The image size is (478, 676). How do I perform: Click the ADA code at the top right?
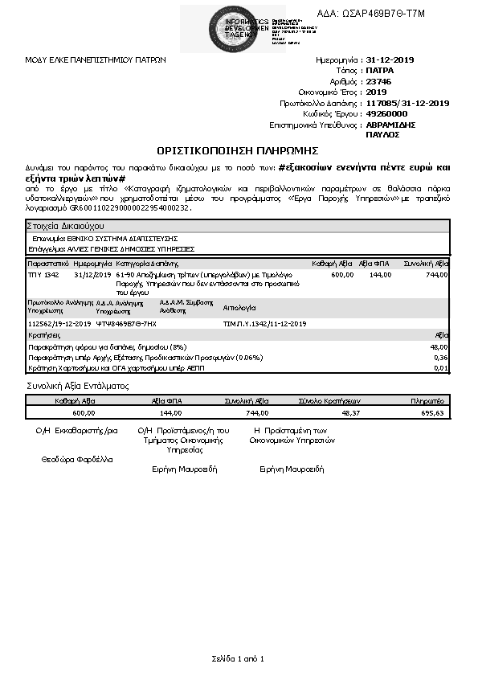coord(383,14)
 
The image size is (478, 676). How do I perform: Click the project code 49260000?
coord(386,114)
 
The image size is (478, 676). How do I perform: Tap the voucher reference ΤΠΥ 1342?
coord(43,274)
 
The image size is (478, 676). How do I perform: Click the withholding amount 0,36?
coord(440,357)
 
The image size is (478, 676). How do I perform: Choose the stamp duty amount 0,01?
coord(440,367)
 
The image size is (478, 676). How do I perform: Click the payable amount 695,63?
coord(432,412)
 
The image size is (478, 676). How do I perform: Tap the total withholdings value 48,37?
coord(350,412)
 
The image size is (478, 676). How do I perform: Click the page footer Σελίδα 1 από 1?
coord(238,658)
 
